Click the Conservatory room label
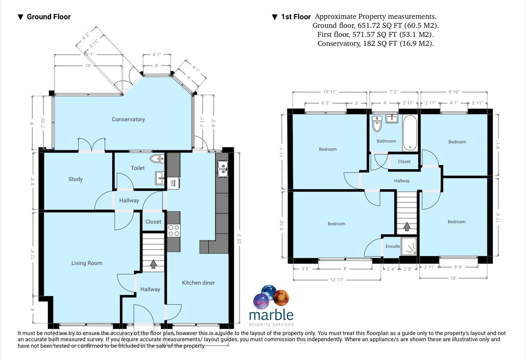click(128, 120)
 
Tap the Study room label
click(76, 179)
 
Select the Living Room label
click(87, 263)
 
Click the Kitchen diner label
click(198, 283)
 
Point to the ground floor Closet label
click(153, 222)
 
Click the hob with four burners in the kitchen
click(174, 231)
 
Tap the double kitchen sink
click(223, 169)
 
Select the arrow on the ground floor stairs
click(153, 264)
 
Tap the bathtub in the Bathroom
click(410, 133)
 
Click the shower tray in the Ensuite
click(409, 246)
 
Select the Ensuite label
click(392, 247)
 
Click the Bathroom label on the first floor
click(386, 141)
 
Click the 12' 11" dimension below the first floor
click(337, 280)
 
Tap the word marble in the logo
click(271, 315)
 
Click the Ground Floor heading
click(48, 17)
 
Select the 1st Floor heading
click(295, 17)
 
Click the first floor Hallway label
click(401, 181)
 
